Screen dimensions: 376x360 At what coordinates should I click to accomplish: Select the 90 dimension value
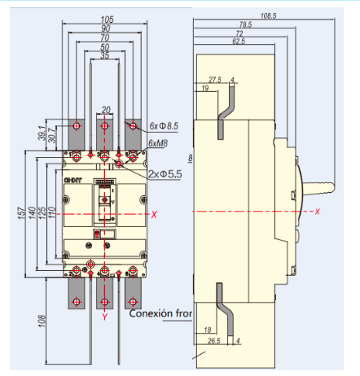[105, 28]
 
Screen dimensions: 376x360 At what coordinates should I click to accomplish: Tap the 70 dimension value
[105, 38]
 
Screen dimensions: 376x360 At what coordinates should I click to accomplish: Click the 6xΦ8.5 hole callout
[164, 126]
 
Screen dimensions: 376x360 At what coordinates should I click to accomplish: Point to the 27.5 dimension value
[215, 80]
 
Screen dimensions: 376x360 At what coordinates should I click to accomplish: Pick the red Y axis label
[105, 315]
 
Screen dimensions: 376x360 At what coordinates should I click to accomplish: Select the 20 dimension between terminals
[106, 109]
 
